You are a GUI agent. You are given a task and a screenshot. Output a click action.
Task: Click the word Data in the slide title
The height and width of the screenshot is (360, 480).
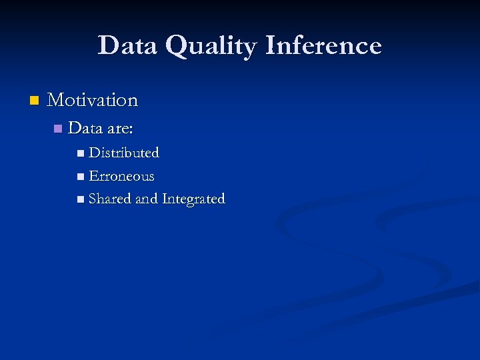[128, 45]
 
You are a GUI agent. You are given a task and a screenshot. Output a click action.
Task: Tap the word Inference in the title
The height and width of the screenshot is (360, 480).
[323, 45]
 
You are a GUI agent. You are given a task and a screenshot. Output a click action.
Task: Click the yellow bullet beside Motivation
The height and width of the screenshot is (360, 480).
[35, 101]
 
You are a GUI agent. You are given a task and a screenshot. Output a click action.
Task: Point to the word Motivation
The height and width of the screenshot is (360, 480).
[93, 100]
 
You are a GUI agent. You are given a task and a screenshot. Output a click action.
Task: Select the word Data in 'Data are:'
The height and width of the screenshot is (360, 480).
[83, 127]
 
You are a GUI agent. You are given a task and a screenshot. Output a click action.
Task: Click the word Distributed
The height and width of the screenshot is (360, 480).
[124, 153]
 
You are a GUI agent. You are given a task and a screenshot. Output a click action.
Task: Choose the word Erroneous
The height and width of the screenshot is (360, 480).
[121, 177]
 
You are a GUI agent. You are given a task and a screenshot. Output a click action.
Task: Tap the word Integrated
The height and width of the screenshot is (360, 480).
[193, 199]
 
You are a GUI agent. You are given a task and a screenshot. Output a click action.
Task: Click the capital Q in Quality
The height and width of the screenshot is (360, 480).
[177, 46]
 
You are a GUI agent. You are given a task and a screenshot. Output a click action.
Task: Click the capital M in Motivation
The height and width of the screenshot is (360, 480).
[55, 100]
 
